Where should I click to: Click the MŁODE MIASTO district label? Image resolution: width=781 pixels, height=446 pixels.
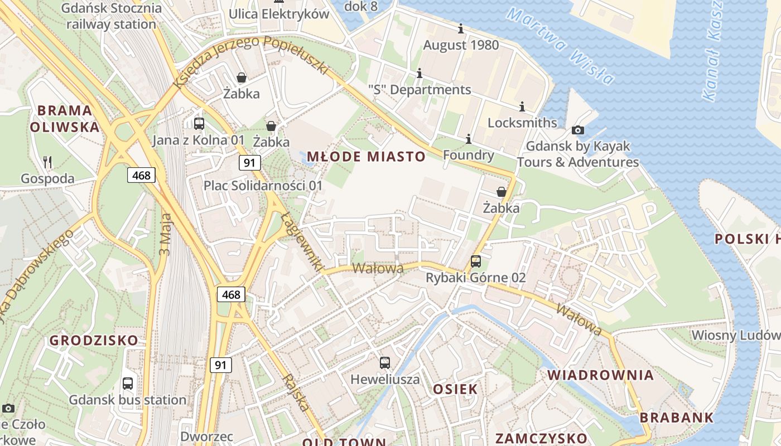pyautogui.click(x=367, y=157)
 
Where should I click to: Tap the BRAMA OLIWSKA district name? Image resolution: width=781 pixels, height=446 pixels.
pyautogui.click(x=65, y=118)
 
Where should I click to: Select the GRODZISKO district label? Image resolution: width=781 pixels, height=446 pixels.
pyautogui.click(x=94, y=340)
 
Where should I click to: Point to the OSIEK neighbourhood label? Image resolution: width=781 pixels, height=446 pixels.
pyautogui.click(x=455, y=389)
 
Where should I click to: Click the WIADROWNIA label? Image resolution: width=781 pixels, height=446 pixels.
pyautogui.click(x=600, y=375)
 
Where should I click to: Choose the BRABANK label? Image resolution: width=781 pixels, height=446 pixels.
pyautogui.click(x=676, y=417)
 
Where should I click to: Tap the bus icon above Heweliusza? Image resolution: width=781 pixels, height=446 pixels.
pyautogui.click(x=385, y=363)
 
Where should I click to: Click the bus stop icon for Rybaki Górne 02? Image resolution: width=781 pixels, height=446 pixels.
pyautogui.click(x=476, y=261)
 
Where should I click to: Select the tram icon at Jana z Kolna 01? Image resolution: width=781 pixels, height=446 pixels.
pyautogui.click(x=199, y=124)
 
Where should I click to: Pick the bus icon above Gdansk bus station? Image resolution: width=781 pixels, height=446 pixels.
pyautogui.click(x=128, y=384)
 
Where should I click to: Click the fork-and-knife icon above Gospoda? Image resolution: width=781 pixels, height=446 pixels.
pyautogui.click(x=47, y=162)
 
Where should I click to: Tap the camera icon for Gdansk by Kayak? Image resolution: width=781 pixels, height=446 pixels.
pyautogui.click(x=578, y=130)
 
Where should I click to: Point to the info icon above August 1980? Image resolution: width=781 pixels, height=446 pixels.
pyautogui.click(x=461, y=28)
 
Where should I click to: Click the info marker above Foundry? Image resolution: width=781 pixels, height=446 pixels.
pyautogui.click(x=469, y=139)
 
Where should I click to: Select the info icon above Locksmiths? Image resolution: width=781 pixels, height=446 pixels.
pyautogui.click(x=522, y=106)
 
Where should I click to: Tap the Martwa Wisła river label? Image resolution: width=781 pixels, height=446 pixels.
pyautogui.click(x=561, y=45)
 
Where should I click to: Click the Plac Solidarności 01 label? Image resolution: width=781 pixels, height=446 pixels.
pyautogui.click(x=263, y=185)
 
